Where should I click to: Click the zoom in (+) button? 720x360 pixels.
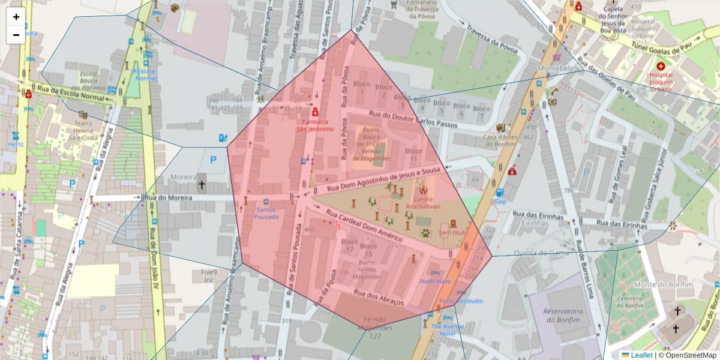(x=16, y=17)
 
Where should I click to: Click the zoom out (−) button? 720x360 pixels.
(x=16, y=35)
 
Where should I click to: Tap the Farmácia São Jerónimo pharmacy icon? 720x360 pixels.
(x=314, y=112)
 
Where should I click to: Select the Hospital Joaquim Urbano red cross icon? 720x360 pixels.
(x=661, y=66)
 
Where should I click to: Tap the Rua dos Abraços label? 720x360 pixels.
(x=379, y=297)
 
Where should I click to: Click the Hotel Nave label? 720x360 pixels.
(x=435, y=281)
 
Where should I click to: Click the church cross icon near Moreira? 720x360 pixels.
(x=202, y=185)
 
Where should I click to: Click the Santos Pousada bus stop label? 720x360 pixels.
(x=266, y=214)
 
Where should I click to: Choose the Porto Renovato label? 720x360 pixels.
(x=461, y=301)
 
